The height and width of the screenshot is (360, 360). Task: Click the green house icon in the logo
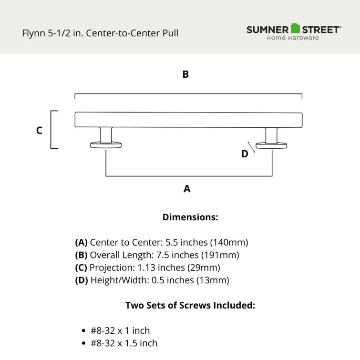tap(296, 28)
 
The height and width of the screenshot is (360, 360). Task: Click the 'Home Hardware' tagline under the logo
tap(293, 38)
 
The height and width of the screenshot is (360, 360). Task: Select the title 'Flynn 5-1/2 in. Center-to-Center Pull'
tap(100, 33)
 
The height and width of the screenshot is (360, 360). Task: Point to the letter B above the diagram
tap(185, 74)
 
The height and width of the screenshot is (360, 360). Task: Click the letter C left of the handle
tap(39, 130)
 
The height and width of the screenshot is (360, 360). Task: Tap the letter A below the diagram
tap(187, 189)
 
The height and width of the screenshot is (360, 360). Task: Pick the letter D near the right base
tap(245, 154)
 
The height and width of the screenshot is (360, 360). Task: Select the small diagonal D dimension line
tap(251, 148)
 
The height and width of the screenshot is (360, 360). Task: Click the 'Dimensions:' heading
tap(190, 217)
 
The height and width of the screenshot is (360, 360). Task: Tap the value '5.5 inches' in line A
tap(178, 242)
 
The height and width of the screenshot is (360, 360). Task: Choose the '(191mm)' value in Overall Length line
tap(220, 255)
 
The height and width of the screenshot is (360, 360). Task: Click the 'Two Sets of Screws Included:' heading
tap(190, 306)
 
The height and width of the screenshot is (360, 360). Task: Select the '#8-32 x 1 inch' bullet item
tap(120, 330)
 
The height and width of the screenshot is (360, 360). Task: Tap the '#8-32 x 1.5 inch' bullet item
tap(124, 343)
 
